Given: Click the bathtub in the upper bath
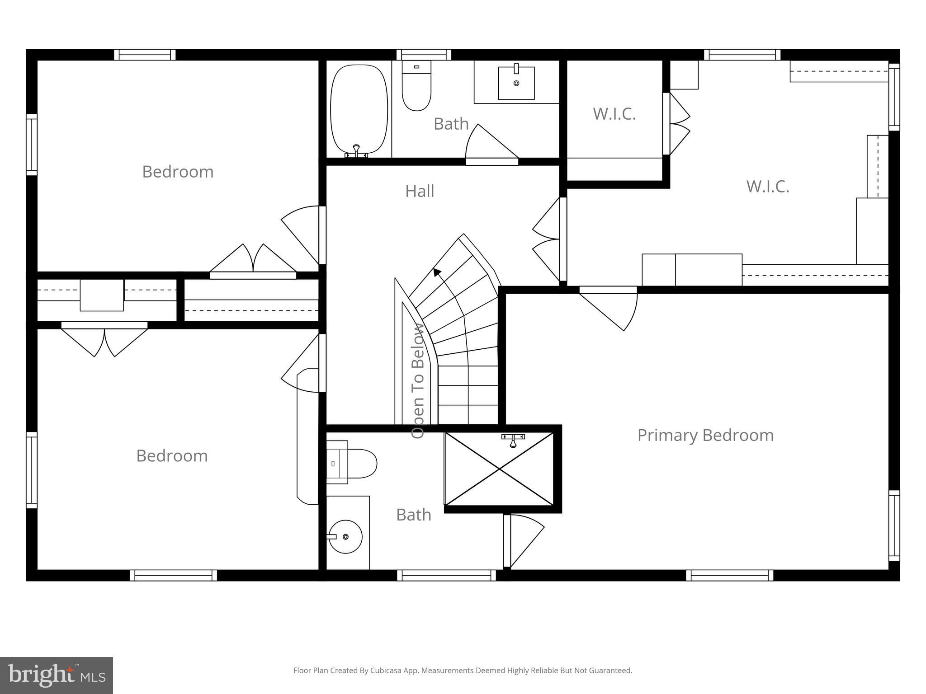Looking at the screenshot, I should point(359,110).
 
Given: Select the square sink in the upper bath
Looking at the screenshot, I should point(516,83).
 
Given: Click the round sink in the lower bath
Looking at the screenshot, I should point(345,536).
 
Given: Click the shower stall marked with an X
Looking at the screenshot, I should point(499,469).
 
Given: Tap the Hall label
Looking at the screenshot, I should point(420,191).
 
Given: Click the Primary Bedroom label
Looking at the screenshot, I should point(705,435).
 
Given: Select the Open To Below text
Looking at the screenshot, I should point(418,380).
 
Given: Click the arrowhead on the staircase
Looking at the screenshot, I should point(437,272).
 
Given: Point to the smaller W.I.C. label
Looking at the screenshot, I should point(614,114).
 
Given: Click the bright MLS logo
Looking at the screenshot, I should point(56,675).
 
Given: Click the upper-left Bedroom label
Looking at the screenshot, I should point(178,172).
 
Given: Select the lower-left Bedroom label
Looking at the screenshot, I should point(172,455).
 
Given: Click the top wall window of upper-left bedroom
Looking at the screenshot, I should point(145,55).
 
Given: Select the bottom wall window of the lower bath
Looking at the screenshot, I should point(446,575).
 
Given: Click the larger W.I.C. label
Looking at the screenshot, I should point(767,186).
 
